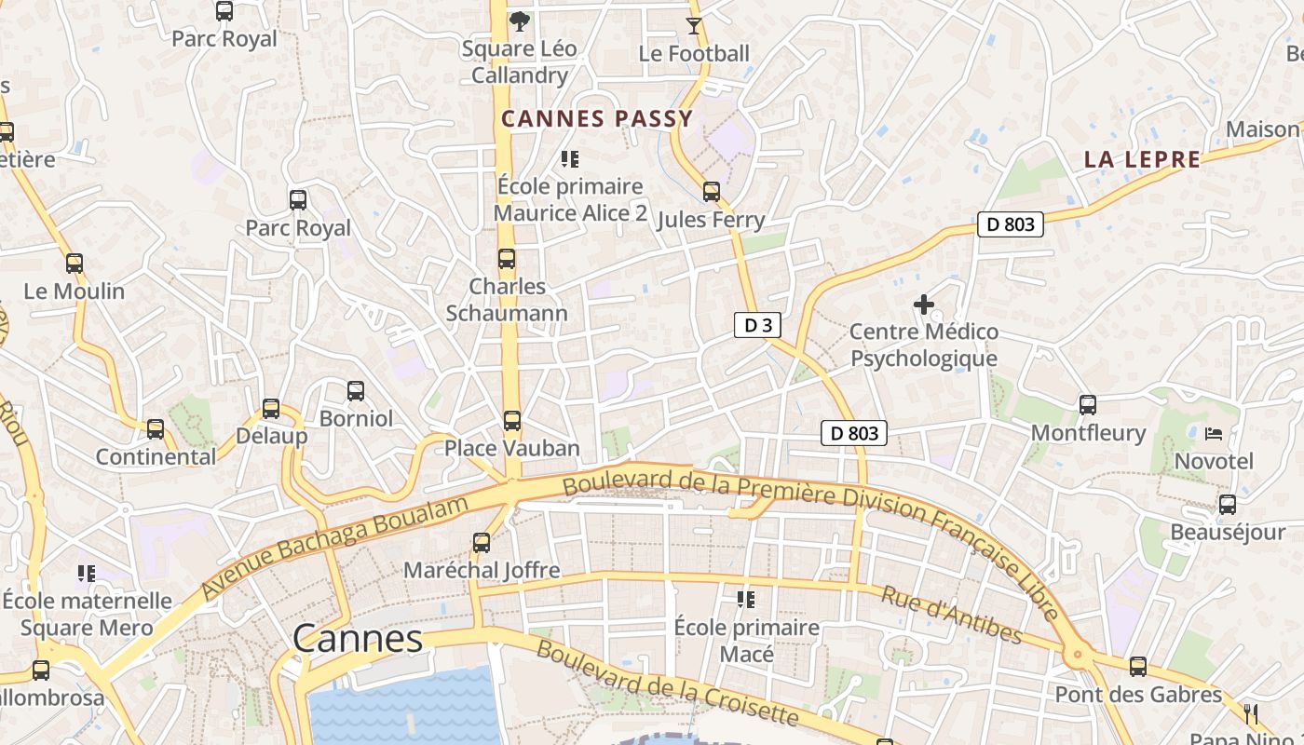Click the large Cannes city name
click(x=358, y=639)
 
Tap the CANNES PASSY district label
click(x=597, y=119)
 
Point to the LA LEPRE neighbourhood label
click(x=1142, y=159)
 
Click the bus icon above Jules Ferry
click(x=712, y=192)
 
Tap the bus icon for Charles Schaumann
click(x=507, y=259)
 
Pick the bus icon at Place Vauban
click(x=512, y=421)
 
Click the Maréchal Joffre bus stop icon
click(x=482, y=542)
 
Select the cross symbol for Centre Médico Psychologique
click(x=923, y=305)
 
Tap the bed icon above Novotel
click(x=1214, y=434)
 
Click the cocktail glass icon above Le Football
click(x=694, y=25)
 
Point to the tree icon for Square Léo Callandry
click(x=520, y=20)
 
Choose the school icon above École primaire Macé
click(x=746, y=599)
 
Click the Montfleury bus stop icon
click(x=1088, y=405)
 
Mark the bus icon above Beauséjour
click(x=1228, y=505)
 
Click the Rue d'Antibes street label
click(x=951, y=616)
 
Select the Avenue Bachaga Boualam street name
click(x=334, y=549)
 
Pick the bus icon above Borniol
click(x=356, y=391)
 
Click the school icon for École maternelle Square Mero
click(x=87, y=573)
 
